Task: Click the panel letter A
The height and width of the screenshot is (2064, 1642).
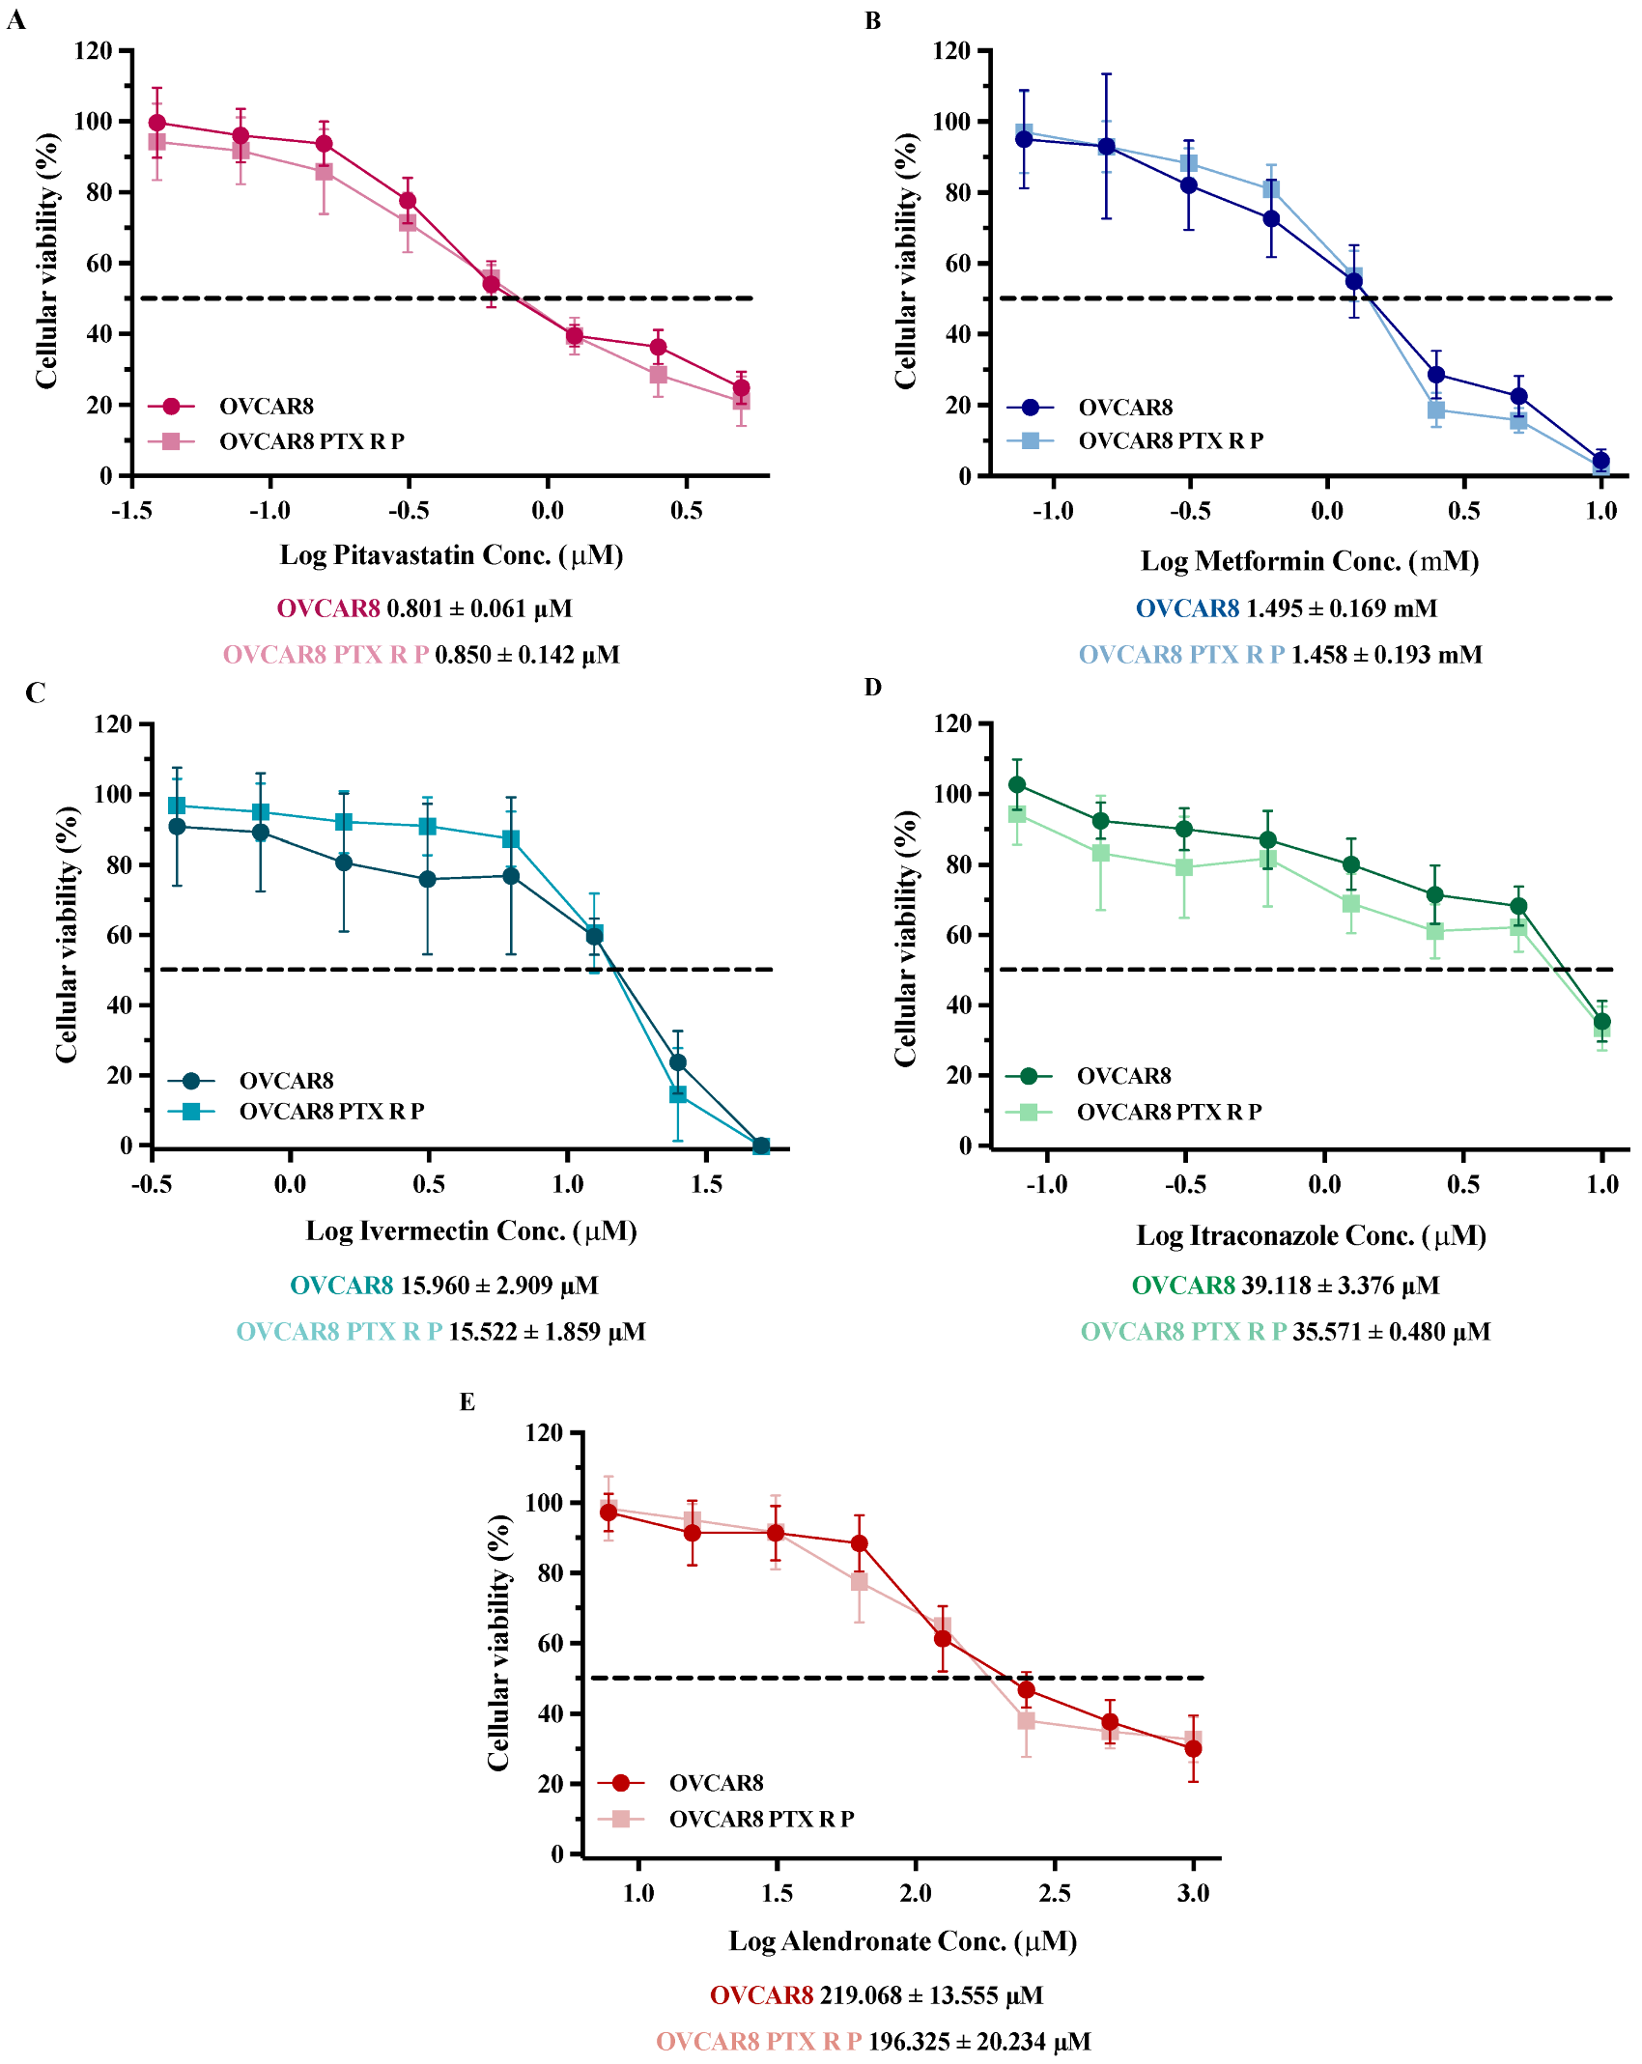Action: (15, 19)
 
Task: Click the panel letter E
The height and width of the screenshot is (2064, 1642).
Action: (467, 1401)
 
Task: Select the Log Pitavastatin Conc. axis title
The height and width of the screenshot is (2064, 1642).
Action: (451, 555)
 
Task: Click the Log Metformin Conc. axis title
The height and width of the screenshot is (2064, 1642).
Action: (1309, 561)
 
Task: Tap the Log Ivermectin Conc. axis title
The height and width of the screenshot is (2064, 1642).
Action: (471, 1231)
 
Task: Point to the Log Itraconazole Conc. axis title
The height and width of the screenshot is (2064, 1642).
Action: (1311, 1236)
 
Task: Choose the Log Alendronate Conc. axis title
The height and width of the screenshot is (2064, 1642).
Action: (902, 1941)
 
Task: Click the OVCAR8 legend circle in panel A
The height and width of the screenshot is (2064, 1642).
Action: (171, 407)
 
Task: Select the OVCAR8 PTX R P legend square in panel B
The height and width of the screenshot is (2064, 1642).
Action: (1030, 440)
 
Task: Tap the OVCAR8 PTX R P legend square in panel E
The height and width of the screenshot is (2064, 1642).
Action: (620, 1819)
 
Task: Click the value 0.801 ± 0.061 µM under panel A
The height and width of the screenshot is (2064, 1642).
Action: (479, 609)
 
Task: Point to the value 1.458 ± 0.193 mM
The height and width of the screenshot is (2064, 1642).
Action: (1386, 655)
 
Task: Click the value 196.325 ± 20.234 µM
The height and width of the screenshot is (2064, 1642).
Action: (978, 2042)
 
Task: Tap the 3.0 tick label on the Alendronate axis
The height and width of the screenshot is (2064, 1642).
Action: (1193, 1893)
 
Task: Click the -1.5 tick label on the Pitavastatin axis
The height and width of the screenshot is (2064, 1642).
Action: (131, 511)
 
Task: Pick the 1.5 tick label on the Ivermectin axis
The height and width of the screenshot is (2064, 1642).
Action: (706, 1184)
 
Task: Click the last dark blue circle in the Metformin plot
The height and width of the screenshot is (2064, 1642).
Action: (1600, 461)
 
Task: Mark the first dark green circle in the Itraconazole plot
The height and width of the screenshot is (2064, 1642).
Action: (1016, 784)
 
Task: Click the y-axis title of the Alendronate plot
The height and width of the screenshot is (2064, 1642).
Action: (498, 1642)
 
